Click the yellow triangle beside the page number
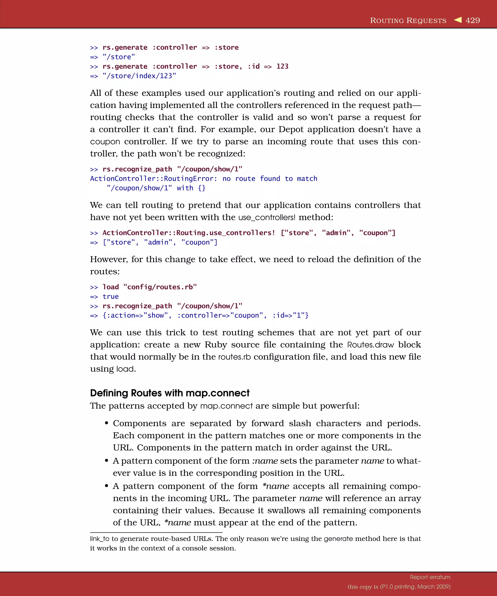[458, 20]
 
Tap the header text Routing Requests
[408, 21]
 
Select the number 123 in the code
[282, 66]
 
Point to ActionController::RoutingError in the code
[153, 179]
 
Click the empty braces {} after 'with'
[202, 188]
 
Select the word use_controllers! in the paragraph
[267, 218]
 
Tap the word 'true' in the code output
[110, 297]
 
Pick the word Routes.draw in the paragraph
[370, 345]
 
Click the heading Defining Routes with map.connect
[170, 393]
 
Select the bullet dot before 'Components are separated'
[107, 423]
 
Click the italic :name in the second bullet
[265, 461]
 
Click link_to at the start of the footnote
[99, 539]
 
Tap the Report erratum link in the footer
[430, 577]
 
